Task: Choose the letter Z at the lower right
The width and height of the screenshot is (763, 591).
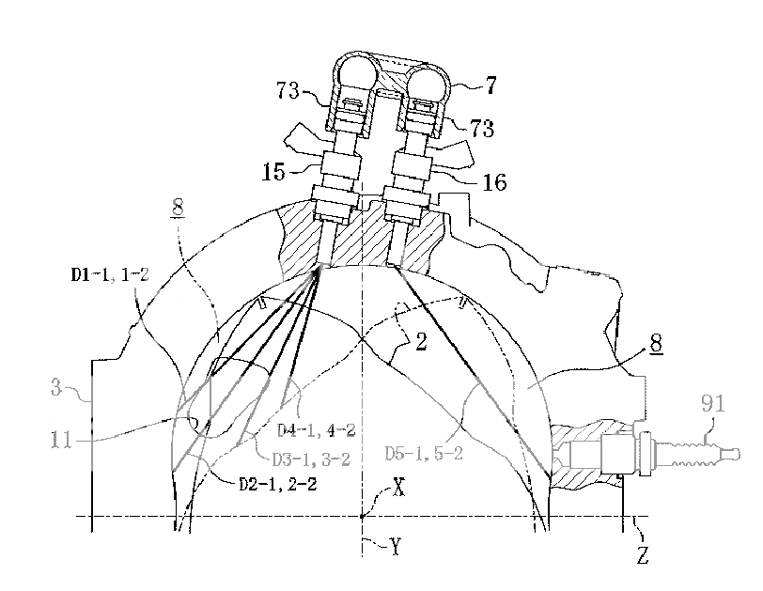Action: [x=643, y=553]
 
